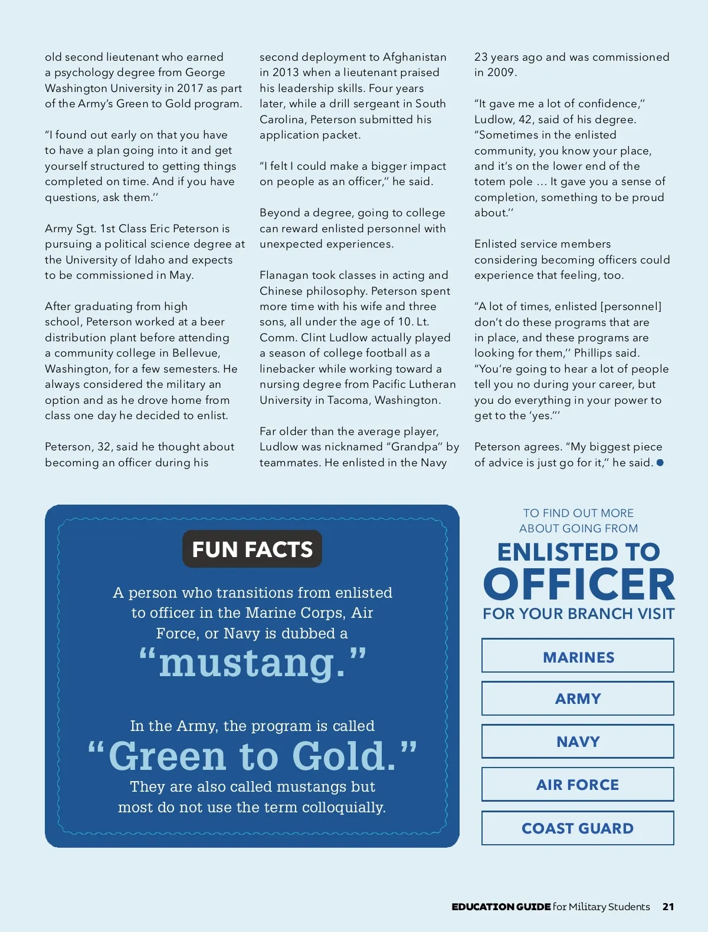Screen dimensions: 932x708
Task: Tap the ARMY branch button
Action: click(578, 699)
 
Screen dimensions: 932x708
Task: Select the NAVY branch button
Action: click(578, 742)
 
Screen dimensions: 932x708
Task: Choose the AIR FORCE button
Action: click(578, 785)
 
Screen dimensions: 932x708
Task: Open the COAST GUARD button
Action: click(578, 828)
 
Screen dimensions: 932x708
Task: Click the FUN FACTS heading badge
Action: click(252, 549)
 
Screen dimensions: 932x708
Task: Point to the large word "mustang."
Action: click(252, 663)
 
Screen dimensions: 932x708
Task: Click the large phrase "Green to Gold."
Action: click(252, 756)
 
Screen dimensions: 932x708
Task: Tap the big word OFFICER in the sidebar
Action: click(578, 584)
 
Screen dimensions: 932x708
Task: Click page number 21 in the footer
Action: click(668, 907)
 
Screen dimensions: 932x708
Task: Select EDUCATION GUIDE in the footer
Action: click(501, 907)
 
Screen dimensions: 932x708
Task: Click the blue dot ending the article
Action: click(660, 463)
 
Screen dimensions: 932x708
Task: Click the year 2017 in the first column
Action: click(189, 88)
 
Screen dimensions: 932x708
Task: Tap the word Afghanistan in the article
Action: click(414, 57)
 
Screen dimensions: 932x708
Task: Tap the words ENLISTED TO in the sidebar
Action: click(578, 552)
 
